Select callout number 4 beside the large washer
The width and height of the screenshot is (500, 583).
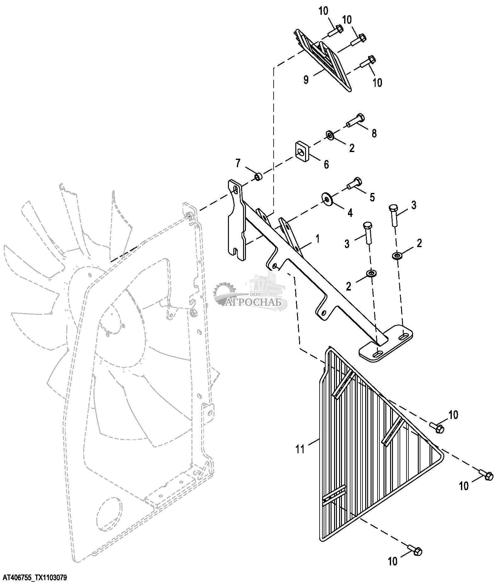(350, 213)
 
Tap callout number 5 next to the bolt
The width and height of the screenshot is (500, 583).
(372, 197)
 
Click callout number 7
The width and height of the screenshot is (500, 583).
(238, 163)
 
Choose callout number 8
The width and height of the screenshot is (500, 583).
(374, 133)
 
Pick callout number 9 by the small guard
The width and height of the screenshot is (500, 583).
(306, 79)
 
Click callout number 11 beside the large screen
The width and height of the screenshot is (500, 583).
(300, 449)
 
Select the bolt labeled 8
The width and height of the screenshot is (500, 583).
(356, 121)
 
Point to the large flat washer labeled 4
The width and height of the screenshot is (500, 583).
(327, 198)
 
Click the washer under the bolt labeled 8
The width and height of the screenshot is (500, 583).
(330, 135)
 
